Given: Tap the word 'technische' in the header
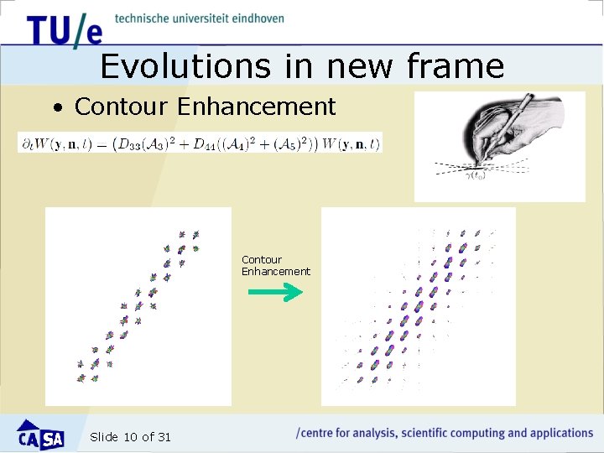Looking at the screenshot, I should tap(143, 18).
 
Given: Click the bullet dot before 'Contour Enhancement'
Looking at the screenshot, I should tap(57, 108).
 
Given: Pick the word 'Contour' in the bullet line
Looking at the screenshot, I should tap(122, 107).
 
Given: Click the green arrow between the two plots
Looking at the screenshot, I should tap(275, 292).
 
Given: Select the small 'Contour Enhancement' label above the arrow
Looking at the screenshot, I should tap(275, 265).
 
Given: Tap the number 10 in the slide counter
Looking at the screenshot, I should tap(130, 436).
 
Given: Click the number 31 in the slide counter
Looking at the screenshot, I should tap(164, 436).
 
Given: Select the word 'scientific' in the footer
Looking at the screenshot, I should tap(428, 433).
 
